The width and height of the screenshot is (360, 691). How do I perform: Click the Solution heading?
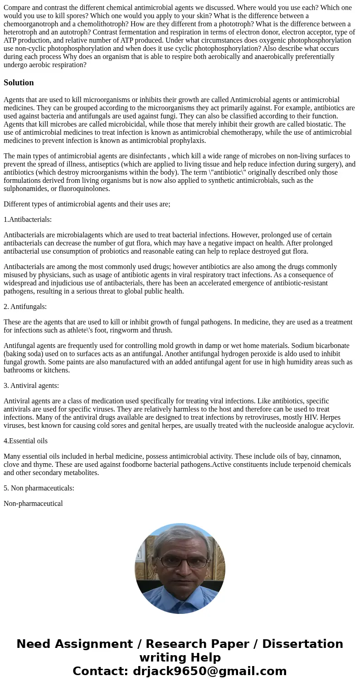[19, 83]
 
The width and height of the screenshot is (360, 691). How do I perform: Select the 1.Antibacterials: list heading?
[28, 220]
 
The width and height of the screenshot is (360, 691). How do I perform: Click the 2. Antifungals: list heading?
[25, 307]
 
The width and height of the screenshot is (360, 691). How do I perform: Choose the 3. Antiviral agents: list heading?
[31, 386]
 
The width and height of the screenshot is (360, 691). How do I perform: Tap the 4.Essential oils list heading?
[25, 441]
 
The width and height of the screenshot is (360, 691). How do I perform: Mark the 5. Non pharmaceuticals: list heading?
[39, 488]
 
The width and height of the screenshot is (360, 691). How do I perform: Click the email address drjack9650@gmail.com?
[209, 671]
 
